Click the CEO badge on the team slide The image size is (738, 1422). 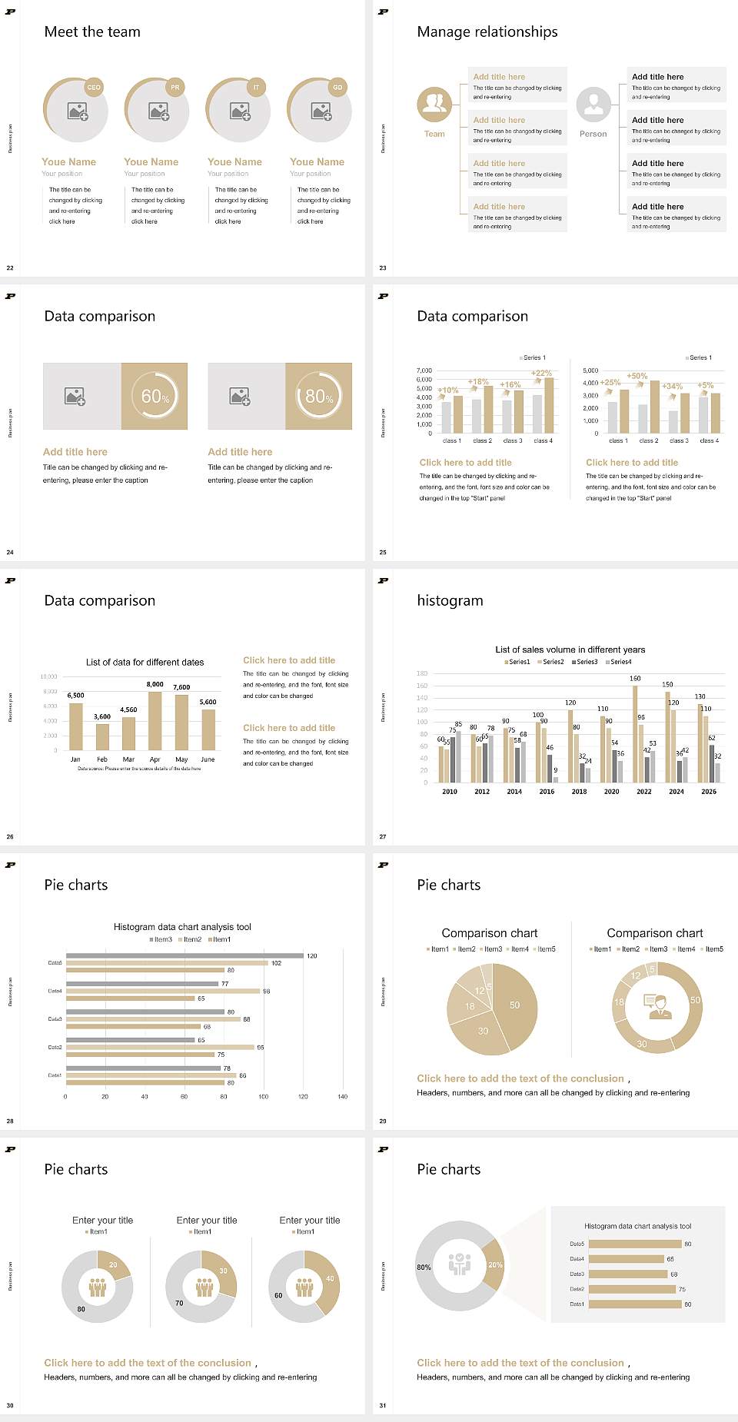[x=94, y=88]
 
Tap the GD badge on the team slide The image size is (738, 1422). [x=337, y=88]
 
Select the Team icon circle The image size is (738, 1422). [x=434, y=104]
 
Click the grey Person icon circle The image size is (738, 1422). [x=593, y=104]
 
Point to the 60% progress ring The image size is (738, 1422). [x=155, y=396]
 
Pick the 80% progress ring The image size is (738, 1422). [x=319, y=396]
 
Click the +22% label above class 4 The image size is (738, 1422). [x=541, y=374]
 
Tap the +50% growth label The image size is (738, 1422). [x=637, y=377]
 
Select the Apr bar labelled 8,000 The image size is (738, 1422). [x=155, y=720]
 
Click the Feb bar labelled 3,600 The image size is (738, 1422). [x=102, y=736]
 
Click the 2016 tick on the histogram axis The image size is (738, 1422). [x=547, y=792]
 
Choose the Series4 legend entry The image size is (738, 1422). [x=619, y=662]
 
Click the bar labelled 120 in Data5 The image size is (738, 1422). [x=184, y=956]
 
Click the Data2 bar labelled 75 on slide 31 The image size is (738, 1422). [x=632, y=1289]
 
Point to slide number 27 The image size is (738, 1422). [x=383, y=837]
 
